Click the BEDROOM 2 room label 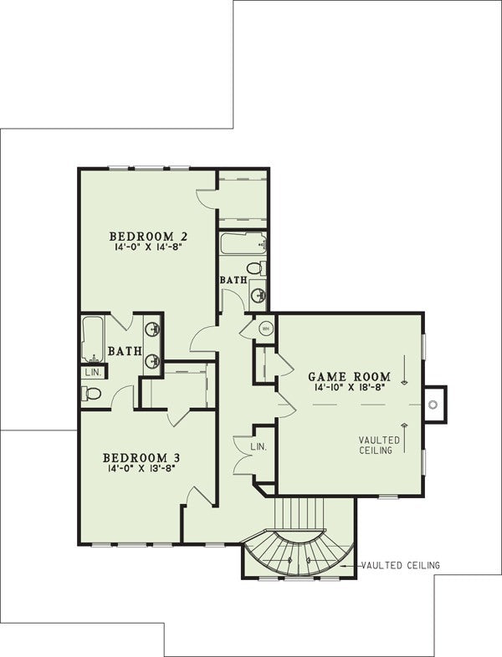148,237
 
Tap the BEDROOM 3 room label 141,457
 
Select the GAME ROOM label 350,376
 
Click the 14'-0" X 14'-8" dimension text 149,247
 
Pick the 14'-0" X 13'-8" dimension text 141,468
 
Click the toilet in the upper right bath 256,267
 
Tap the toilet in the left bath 91,394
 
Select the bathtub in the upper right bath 243,243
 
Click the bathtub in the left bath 92,339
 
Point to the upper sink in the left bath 153,329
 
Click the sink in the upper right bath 259,295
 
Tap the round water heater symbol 265,328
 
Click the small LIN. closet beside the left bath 94,373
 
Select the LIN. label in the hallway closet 259,446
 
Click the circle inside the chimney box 433,405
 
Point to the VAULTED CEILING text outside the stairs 401,565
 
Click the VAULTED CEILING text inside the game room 379,445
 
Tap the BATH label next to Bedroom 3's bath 125,351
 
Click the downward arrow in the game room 404,370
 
